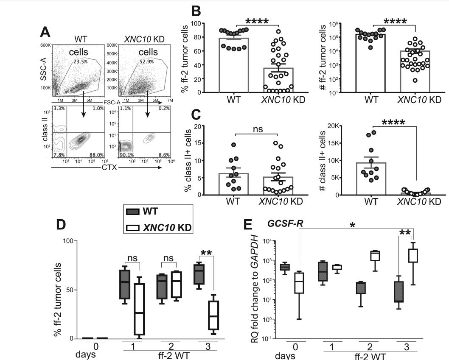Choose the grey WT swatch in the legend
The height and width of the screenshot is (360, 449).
pos(135,211)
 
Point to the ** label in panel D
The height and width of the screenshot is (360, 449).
pos(206,253)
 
